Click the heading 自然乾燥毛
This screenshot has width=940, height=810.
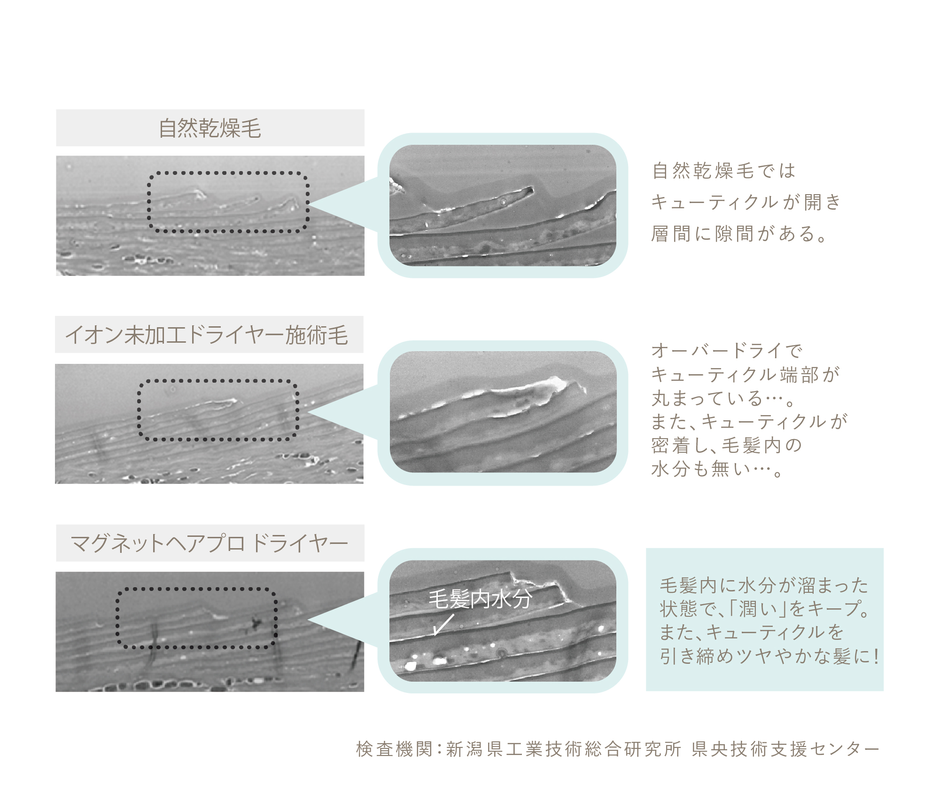210,128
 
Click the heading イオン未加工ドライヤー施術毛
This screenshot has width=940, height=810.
207,335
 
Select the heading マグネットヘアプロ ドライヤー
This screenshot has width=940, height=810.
210,543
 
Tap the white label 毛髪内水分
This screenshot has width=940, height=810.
480,599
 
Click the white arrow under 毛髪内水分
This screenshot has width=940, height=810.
443,625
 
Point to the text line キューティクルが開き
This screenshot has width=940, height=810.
746,202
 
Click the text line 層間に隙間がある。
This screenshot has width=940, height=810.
739,234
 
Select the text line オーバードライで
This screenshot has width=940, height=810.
727,351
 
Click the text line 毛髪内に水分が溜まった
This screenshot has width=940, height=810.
764,586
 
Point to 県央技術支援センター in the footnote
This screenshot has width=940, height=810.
785,749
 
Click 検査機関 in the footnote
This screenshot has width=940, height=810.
394,749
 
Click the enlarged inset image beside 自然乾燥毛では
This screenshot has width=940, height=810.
503,205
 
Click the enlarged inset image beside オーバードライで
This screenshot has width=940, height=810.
503,412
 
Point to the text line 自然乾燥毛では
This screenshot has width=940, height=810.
724,171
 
